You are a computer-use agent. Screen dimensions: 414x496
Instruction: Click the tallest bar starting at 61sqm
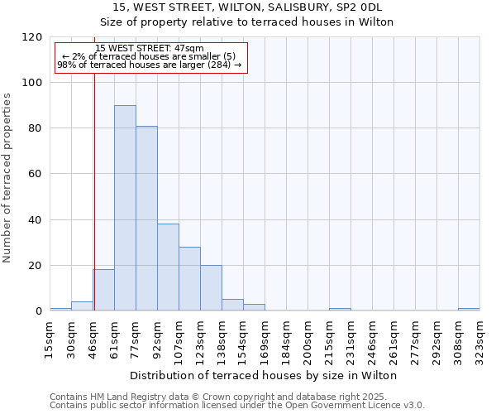(125, 208)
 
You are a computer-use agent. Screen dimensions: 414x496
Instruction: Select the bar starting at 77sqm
(146, 219)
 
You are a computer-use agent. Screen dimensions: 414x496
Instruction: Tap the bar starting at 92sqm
(168, 267)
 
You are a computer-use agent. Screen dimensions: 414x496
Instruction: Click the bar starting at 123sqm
(211, 288)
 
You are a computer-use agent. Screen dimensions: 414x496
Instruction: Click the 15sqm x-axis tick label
(50, 336)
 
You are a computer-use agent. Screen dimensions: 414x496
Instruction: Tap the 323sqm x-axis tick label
(479, 336)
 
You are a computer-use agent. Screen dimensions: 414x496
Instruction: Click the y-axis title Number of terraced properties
(8, 178)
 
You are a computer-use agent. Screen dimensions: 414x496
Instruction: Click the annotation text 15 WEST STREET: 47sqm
(150, 49)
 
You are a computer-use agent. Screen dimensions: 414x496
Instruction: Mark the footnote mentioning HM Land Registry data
(236, 397)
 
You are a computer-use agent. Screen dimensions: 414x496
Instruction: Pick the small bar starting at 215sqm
(340, 310)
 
